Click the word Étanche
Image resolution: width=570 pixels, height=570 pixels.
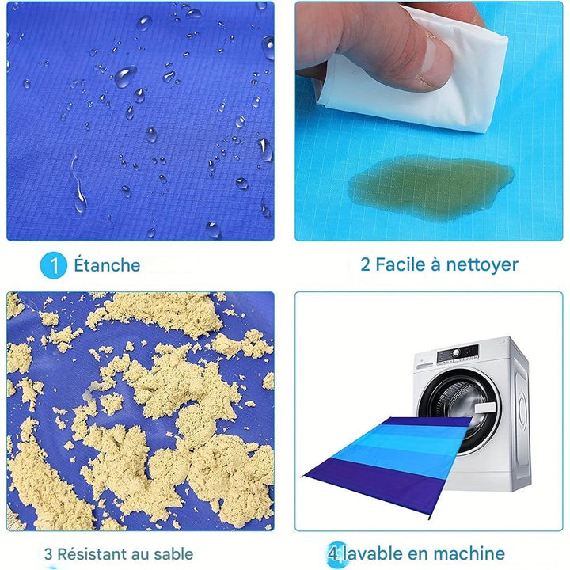coord(107,264)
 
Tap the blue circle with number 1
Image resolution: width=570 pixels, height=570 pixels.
coord(54,265)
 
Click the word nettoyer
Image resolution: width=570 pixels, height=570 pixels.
coord(482,265)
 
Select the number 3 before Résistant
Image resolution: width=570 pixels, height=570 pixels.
coord(48,554)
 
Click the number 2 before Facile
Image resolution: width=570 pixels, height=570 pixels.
coord(365,264)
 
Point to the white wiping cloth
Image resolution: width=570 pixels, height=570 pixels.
coord(418,76)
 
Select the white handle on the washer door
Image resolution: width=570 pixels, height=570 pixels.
coord(485,408)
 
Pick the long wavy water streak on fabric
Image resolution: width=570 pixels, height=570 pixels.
coord(78,184)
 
